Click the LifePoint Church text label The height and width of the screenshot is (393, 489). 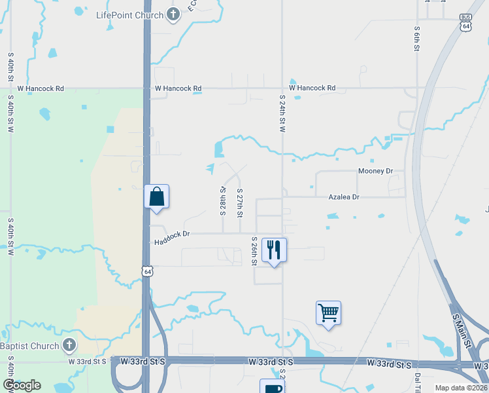coord(129,15)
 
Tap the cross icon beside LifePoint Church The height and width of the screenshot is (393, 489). coord(173,14)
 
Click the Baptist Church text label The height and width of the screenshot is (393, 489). coord(28,346)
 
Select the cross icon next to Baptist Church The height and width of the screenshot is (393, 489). coord(70,345)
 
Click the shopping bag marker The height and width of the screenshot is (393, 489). coord(157,197)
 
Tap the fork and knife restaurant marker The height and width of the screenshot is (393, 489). coord(274,250)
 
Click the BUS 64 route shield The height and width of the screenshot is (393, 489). coord(465,23)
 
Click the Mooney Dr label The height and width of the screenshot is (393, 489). coord(375,172)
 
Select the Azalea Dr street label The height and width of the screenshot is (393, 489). coord(344,196)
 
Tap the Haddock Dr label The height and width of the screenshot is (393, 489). coord(172,237)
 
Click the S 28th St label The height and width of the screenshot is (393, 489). coord(223,202)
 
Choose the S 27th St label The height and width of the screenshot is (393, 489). coord(240,206)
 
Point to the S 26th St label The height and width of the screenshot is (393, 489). coord(254,252)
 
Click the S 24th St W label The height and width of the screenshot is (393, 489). coord(282,113)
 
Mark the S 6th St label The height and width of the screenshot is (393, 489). coord(416,39)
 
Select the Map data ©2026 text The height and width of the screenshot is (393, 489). coord(460,388)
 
